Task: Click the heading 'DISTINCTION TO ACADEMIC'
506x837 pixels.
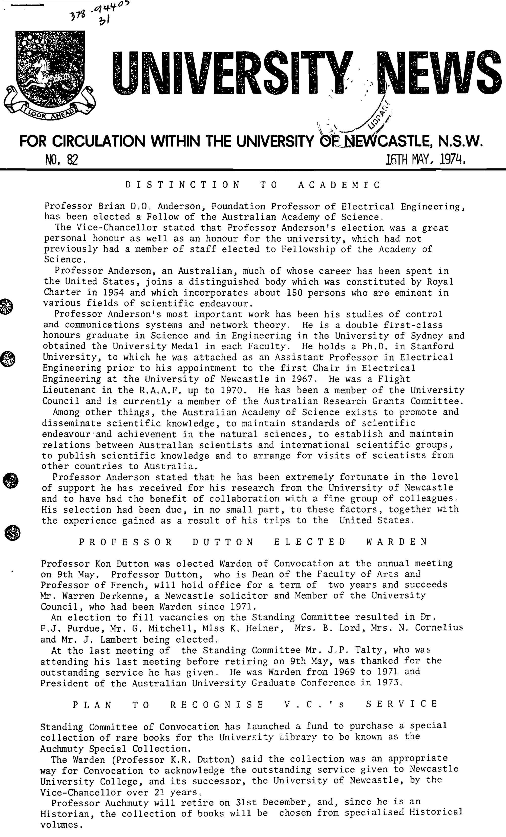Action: click(252, 185)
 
